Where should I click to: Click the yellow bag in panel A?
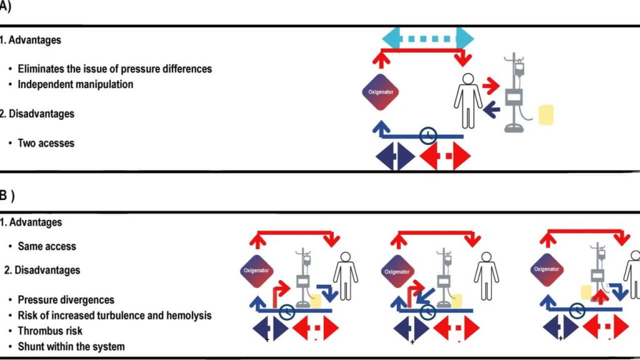point(546,114)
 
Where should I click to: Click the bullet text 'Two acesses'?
point(46,143)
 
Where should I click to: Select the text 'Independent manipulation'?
point(75,84)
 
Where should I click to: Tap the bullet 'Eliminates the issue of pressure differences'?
point(114,69)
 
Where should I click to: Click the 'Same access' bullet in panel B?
point(47,246)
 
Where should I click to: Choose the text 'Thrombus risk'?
point(50,331)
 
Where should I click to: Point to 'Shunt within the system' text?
point(71,346)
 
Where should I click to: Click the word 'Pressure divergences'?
point(66,300)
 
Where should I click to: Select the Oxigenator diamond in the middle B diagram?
point(397,272)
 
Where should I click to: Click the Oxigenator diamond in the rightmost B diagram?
point(546,269)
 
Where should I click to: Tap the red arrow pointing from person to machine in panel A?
point(491,84)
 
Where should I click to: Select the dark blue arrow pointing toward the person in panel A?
point(491,110)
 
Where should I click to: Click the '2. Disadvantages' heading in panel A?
point(37,114)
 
